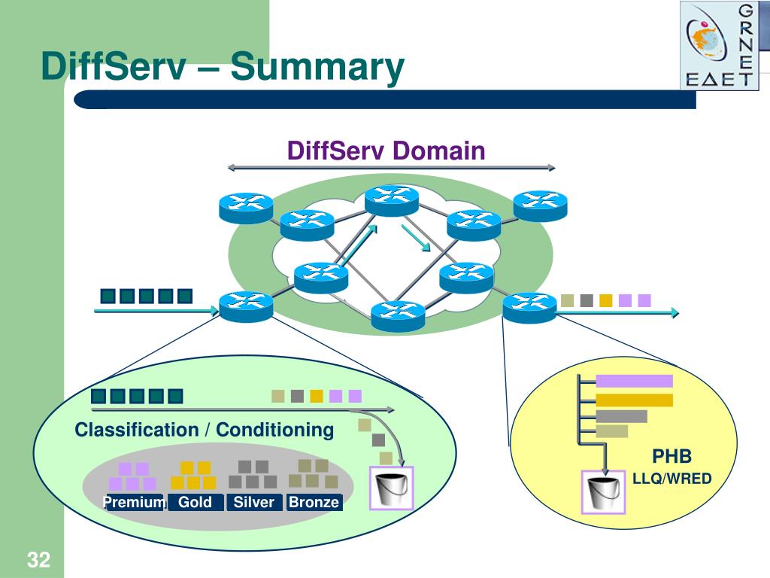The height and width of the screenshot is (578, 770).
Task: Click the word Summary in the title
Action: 317,68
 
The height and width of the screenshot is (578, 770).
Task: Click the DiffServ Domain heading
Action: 387,151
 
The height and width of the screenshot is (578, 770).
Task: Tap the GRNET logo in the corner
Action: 718,45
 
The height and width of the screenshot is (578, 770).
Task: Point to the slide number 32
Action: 38,560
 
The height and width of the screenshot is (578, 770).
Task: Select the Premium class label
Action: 134,502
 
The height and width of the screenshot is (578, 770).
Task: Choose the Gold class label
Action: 195,502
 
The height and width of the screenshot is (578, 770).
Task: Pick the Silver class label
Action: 254,502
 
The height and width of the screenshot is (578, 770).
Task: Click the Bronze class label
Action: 314,502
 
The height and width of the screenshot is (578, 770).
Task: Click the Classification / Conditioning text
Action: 204,430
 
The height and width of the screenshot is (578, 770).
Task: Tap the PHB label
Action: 671,457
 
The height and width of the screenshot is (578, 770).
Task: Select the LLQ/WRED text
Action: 671,479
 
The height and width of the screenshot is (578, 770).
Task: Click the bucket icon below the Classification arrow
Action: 390,488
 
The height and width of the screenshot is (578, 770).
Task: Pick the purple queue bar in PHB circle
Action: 634,382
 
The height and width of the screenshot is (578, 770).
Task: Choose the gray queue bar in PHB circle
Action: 621,416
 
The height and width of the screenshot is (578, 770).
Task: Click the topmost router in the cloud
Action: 391,200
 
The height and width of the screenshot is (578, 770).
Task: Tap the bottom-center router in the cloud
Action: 398,315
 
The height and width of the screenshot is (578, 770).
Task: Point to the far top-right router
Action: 540,205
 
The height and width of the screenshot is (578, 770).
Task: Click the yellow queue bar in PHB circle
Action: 634,400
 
